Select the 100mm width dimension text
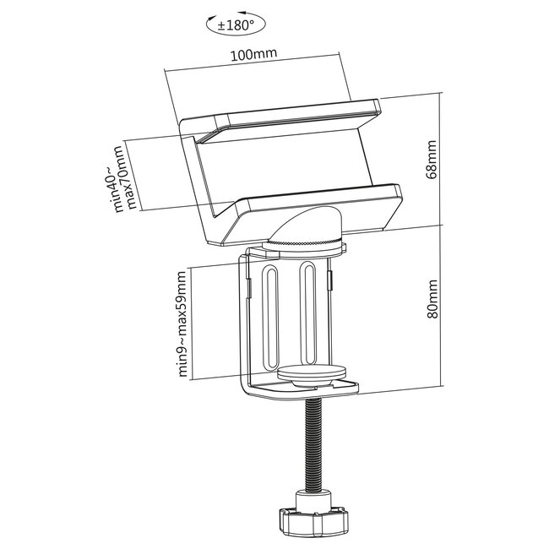coord(258,57)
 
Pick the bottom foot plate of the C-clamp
coord(300,390)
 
